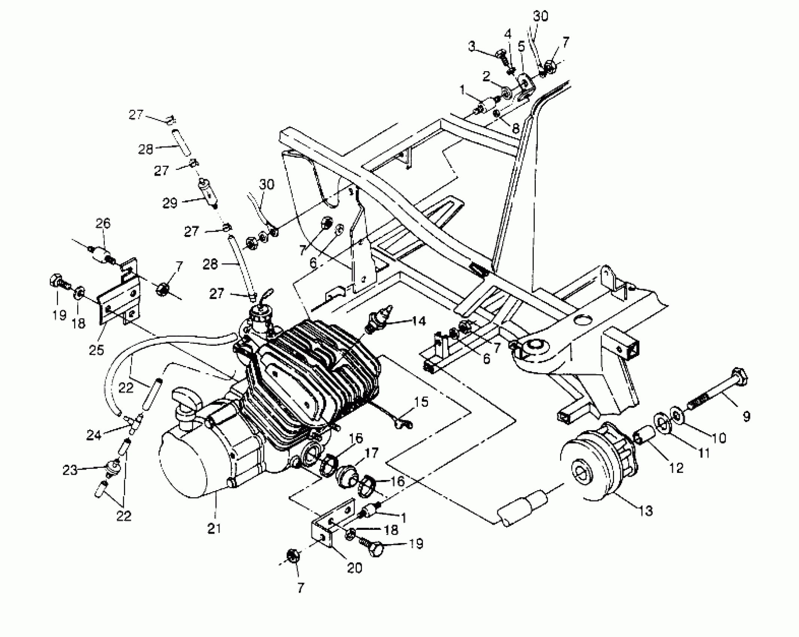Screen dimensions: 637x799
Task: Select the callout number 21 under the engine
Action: pos(214,528)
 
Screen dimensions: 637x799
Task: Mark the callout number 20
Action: pos(354,568)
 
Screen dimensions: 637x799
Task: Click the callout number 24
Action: pos(94,435)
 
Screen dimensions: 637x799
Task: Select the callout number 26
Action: pos(103,223)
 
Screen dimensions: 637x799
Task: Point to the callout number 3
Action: pos(472,47)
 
